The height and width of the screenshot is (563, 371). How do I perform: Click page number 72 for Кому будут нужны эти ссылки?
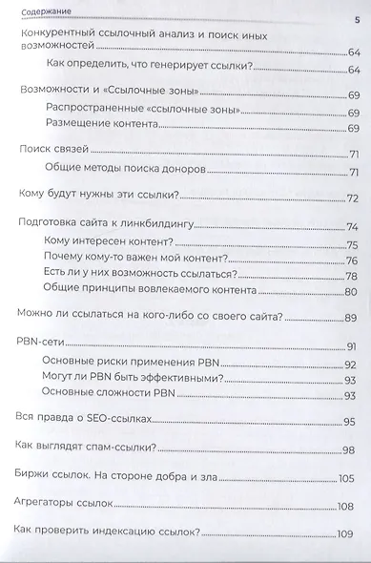point(351,198)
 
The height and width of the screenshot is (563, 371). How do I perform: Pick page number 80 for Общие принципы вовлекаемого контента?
point(351,292)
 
